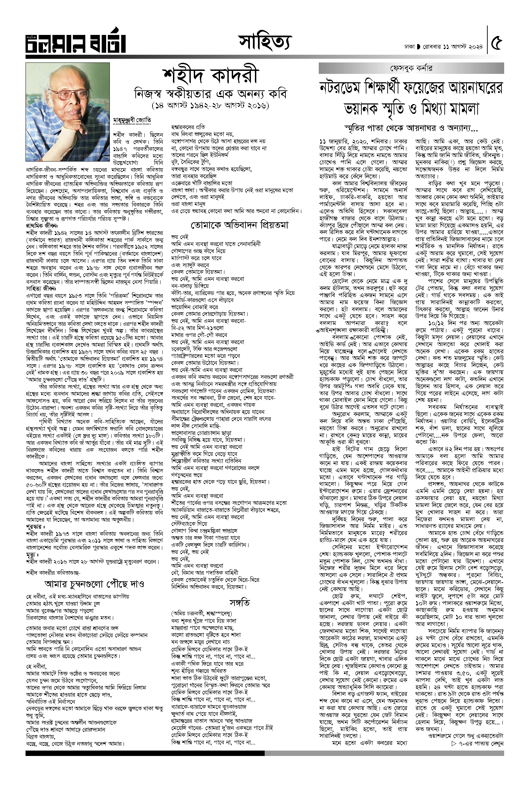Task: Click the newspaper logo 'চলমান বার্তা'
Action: tap(76, 43)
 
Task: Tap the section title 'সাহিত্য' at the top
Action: tap(265, 43)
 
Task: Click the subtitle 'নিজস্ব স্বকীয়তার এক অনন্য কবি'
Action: tap(210, 93)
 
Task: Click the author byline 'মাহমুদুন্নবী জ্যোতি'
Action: tap(132, 120)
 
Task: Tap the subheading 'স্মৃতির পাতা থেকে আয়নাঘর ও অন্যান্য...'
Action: tap(411, 128)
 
